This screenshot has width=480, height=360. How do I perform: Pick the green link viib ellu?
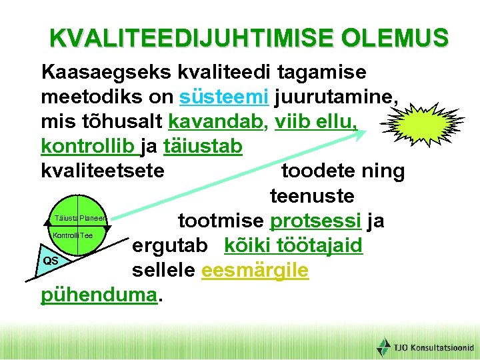coord(317,121)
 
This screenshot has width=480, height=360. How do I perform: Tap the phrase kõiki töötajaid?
coord(293,245)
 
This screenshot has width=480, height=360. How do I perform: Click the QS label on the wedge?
coord(51,261)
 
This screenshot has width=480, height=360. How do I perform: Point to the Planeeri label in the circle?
coord(93,218)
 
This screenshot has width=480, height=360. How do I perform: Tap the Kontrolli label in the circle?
coord(65,236)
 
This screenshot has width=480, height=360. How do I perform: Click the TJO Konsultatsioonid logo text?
coord(433,347)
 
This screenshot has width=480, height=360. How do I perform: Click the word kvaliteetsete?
coord(103,171)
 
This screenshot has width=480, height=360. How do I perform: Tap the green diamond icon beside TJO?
coord(383,347)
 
